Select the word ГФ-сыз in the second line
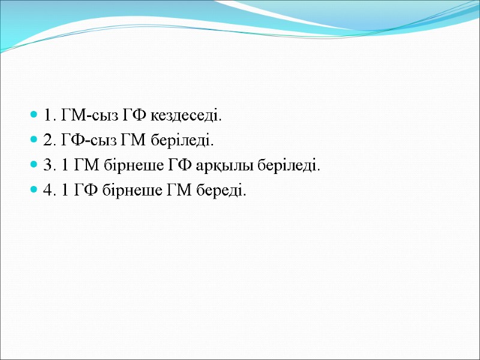point(83,140)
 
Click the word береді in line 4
point(225,191)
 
